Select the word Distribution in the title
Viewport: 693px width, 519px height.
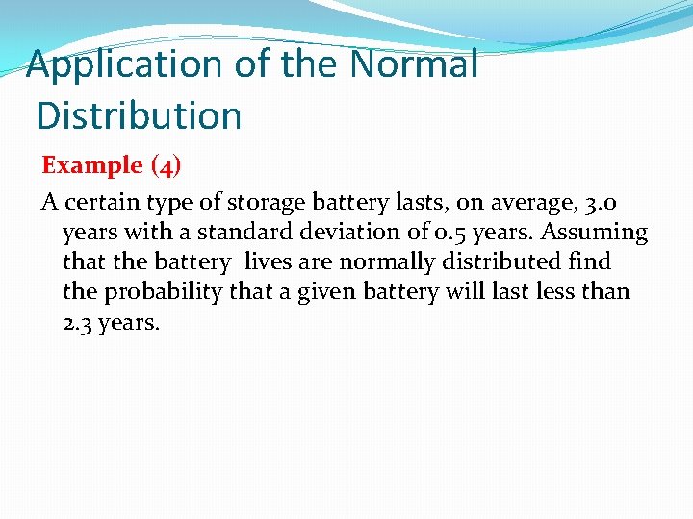point(139,115)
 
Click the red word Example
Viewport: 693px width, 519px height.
point(91,165)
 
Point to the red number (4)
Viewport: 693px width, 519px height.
point(166,165)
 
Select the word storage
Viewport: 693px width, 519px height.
point(264,203)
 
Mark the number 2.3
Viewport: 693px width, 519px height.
point(76,322)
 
